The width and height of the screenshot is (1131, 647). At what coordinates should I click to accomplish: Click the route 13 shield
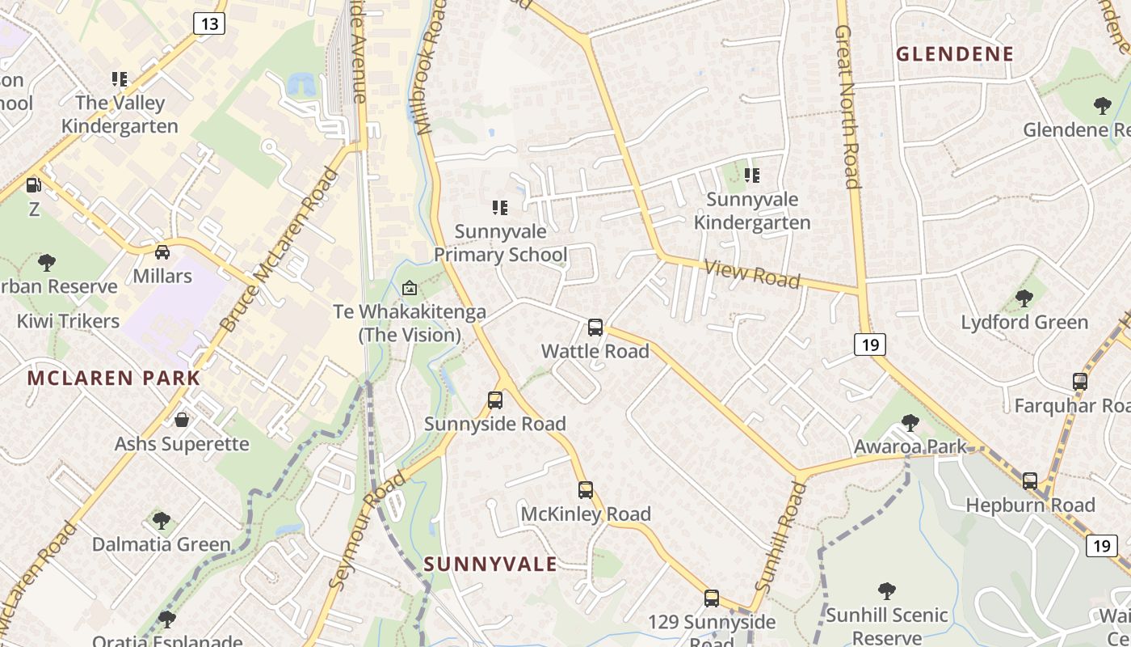209,23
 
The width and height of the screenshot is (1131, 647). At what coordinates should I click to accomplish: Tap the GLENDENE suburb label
955,54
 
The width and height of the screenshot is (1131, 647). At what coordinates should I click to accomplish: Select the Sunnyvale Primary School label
501,243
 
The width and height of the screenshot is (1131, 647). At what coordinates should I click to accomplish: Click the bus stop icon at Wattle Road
595,328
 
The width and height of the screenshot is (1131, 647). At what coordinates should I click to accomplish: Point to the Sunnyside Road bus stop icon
495,400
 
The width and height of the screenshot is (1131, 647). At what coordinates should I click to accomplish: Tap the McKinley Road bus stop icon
586,490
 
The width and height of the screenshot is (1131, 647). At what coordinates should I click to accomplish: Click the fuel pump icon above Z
33,185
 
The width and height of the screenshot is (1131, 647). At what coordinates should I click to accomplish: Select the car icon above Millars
162,252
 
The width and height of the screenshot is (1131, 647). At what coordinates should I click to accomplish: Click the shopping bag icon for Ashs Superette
182,420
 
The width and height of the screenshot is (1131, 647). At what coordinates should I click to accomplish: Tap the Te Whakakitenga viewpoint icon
410,288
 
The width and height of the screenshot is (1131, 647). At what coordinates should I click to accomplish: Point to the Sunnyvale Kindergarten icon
752,175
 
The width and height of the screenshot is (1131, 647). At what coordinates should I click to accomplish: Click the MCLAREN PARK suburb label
114,378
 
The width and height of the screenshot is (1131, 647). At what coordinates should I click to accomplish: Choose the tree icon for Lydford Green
1024,298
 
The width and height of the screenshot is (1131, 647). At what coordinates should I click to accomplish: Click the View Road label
751,274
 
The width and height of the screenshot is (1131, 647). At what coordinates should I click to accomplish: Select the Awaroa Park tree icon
910,422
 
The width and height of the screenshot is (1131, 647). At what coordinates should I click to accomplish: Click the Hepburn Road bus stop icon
1030,481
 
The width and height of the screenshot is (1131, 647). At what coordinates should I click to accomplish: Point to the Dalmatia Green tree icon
162,520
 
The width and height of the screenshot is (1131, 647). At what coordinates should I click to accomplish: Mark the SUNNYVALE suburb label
490,564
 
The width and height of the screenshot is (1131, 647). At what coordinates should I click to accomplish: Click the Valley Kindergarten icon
120,79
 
